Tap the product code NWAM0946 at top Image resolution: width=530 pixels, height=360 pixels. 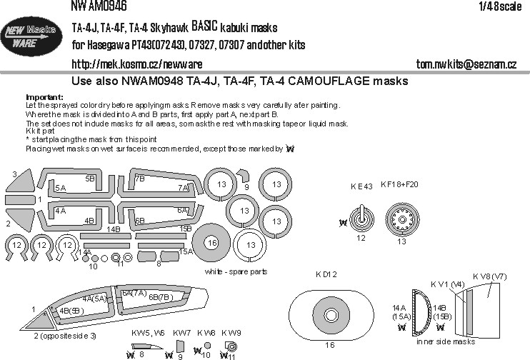tap(99, 6)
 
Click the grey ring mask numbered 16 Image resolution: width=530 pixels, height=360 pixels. tap(211, 244)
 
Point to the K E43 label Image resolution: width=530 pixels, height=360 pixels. tap(362, 186)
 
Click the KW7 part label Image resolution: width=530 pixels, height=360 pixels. tap(181, 334)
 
